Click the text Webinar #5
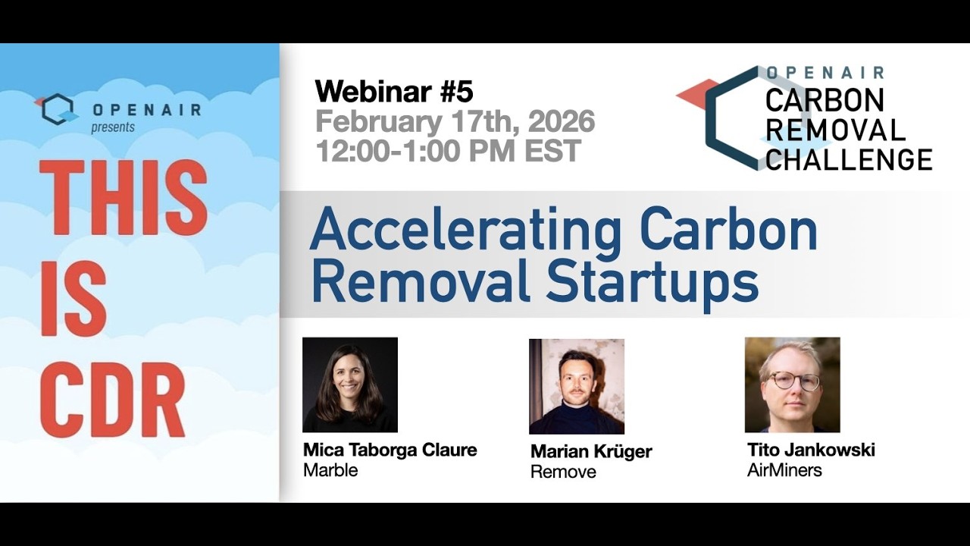coord(394,92)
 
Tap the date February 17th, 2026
coord(455,121)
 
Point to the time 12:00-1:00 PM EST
coord(448,151)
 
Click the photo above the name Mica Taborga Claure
coord(350,384)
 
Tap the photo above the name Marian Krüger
coord(577,386)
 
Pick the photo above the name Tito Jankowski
coord(792,384)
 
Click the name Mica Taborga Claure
coord(390,450)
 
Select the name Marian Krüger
coord(591,452)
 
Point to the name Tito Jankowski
coord(811,450)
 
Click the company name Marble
coord(330,470)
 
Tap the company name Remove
coord(563,472)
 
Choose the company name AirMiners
coord(784,470)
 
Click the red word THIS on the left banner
coord(123,198)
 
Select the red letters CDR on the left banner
coord(112,400)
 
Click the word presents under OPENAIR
coord(113,127)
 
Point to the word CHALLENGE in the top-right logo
coord(849,160)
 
